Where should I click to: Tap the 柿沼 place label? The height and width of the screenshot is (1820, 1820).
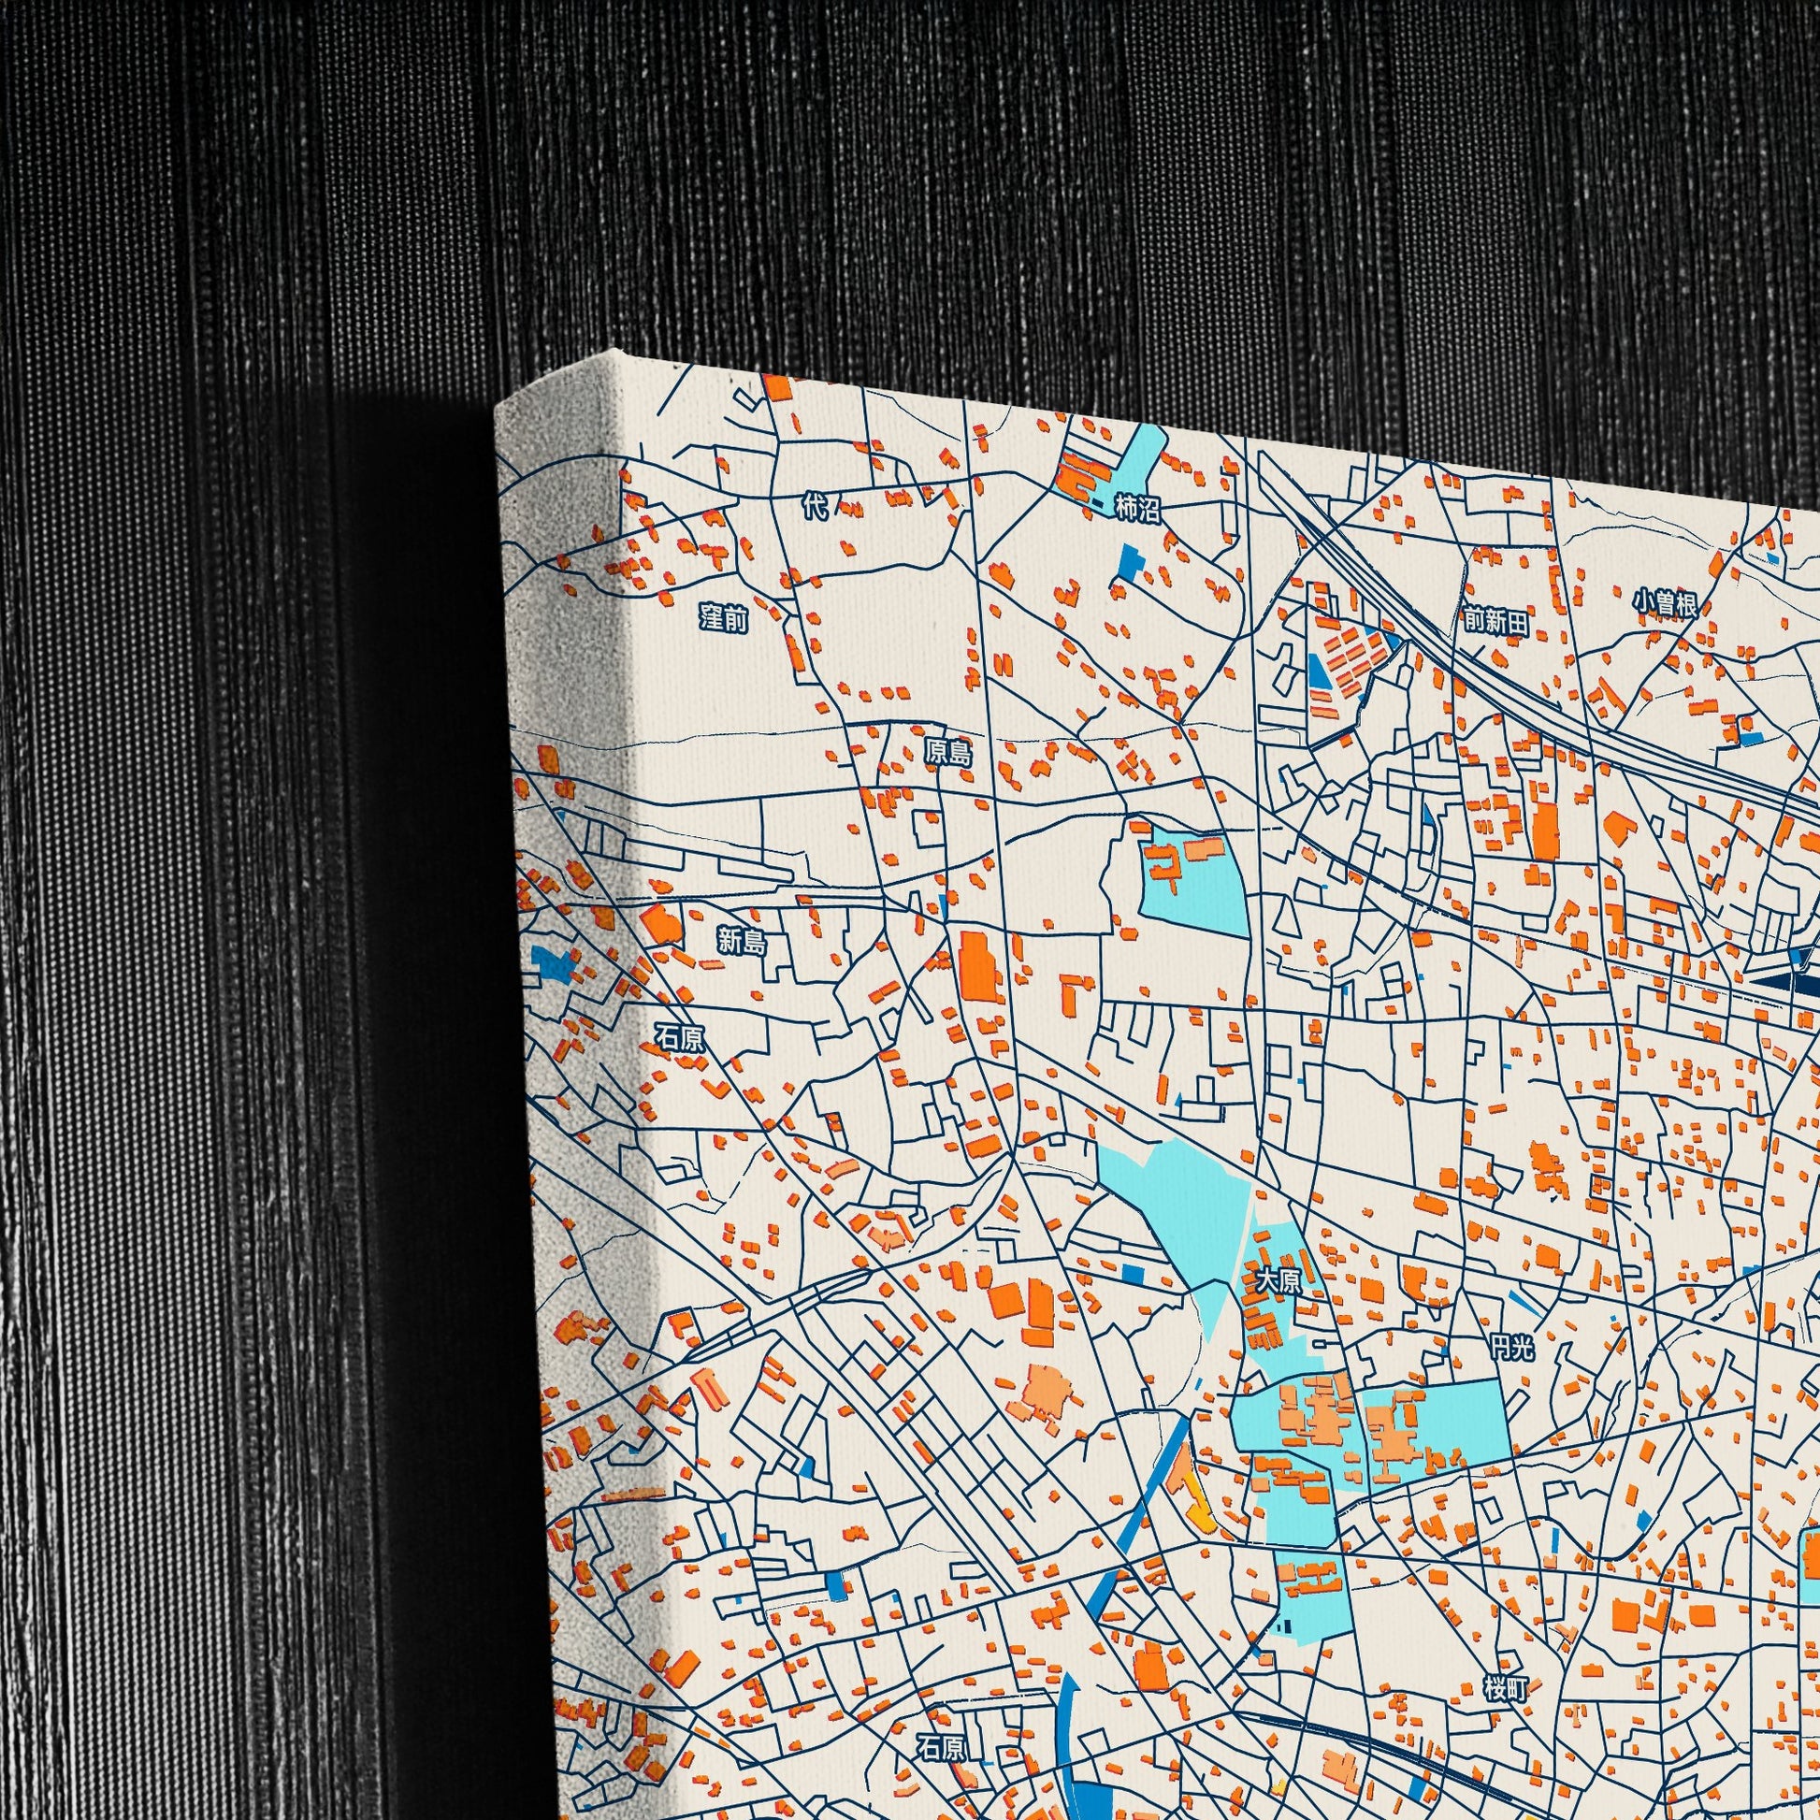1137,510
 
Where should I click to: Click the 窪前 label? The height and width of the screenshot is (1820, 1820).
724,619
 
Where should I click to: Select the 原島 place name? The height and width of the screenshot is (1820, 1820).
946,750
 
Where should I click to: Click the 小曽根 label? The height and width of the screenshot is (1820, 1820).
1666,602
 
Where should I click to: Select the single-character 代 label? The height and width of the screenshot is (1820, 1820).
815,508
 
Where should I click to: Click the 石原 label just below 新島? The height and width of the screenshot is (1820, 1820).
679,1037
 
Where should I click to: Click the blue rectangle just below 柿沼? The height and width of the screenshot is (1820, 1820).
1129,561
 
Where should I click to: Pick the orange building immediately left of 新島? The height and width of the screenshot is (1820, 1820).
662,924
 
